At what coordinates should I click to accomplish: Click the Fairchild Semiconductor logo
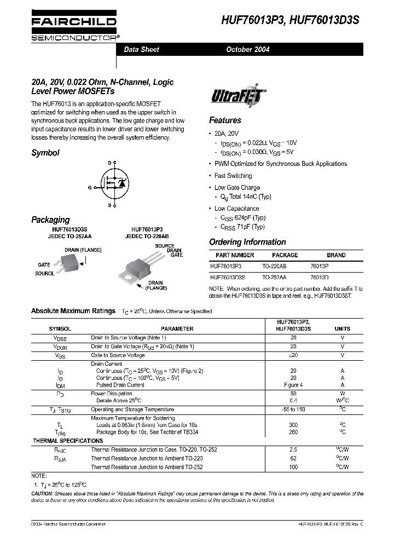[x=73, y=28]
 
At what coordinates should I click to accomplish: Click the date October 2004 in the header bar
[x=248, y=49]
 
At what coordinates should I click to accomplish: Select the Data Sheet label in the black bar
[x=142, y=49]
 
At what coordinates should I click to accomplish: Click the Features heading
[x=225, y=120]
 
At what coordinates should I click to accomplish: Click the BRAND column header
[x=336, y=255]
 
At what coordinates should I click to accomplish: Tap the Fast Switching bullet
[x=233, y=176]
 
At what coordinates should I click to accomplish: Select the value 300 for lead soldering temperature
[x=293, y=424]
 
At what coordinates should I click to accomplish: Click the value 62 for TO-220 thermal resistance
[x=293, y=458]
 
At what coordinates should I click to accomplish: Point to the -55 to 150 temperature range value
[x=293, y=409]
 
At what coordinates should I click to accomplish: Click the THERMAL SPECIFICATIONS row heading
[x=68, y=441]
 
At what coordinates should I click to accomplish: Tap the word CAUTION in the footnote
[x=45, y=494]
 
